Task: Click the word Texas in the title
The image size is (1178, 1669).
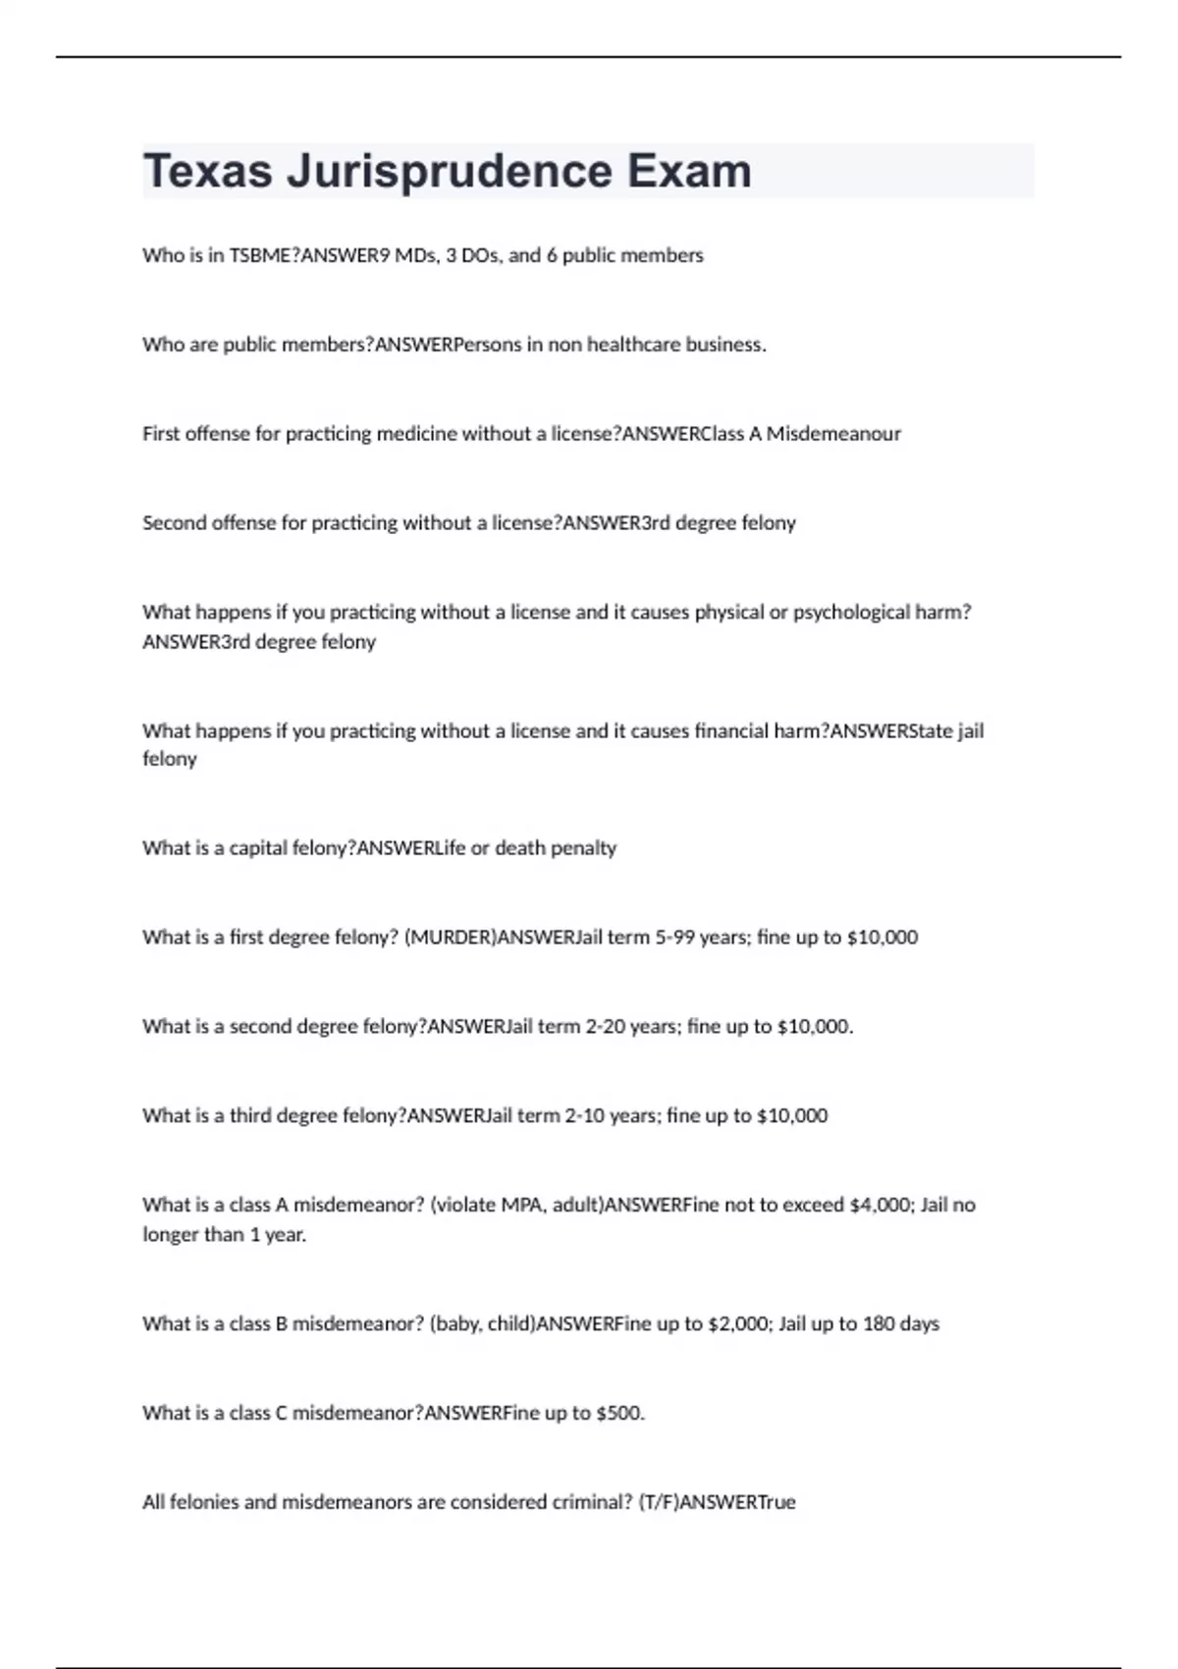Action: click(207, 171)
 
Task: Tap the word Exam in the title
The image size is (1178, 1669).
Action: click(689, 171)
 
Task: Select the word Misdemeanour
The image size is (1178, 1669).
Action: click(833, 434)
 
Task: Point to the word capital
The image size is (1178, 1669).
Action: click(259, 848)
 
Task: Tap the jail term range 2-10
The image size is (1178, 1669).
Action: click(584, 1116)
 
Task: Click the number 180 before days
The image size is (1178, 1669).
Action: click(879, 1324)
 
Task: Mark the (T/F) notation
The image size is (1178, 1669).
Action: click(657, 1503)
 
